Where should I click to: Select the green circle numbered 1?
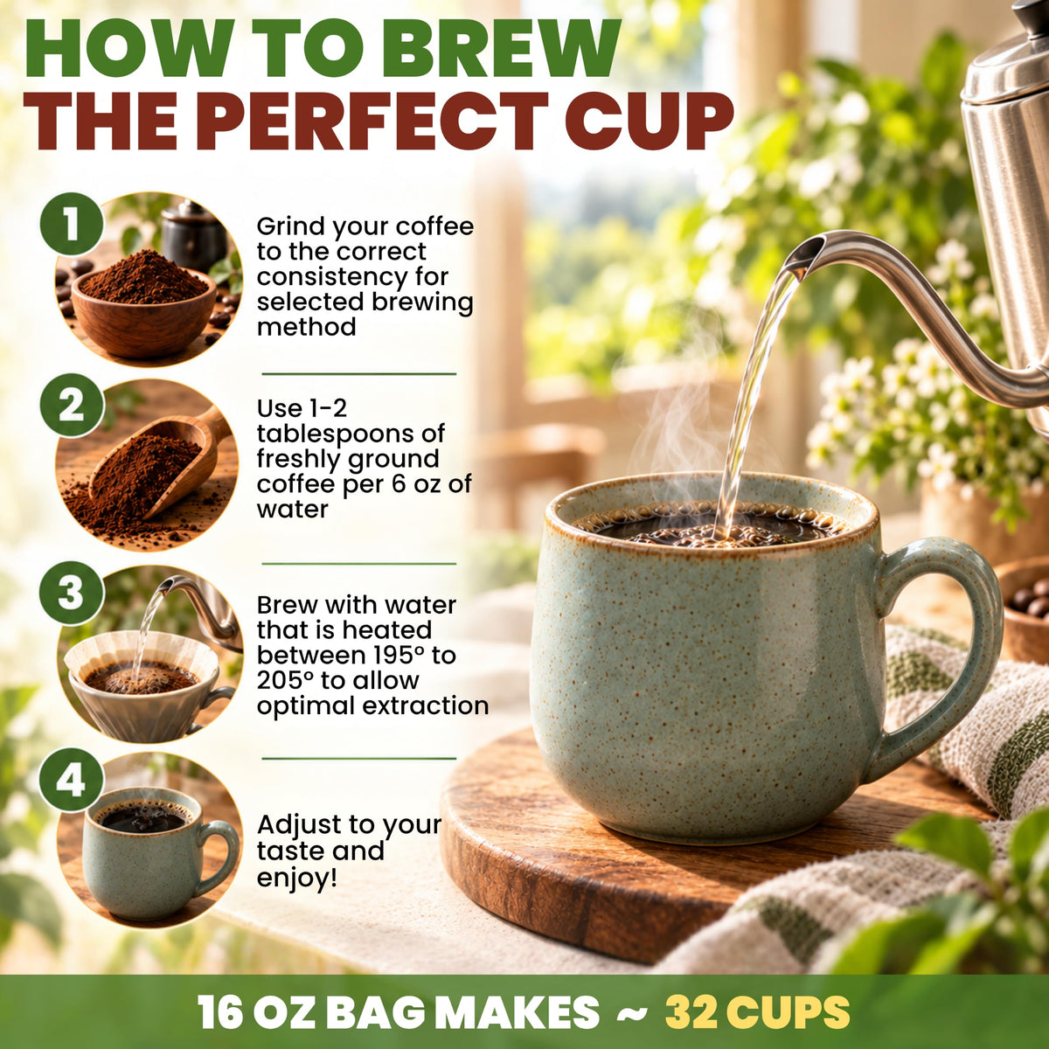coord(72,225)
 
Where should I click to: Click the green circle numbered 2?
coord(72,406)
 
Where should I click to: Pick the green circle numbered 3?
coord(72,594)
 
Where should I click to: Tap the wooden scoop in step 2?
coord(158,462)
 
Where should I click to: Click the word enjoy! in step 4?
coord(297,879)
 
